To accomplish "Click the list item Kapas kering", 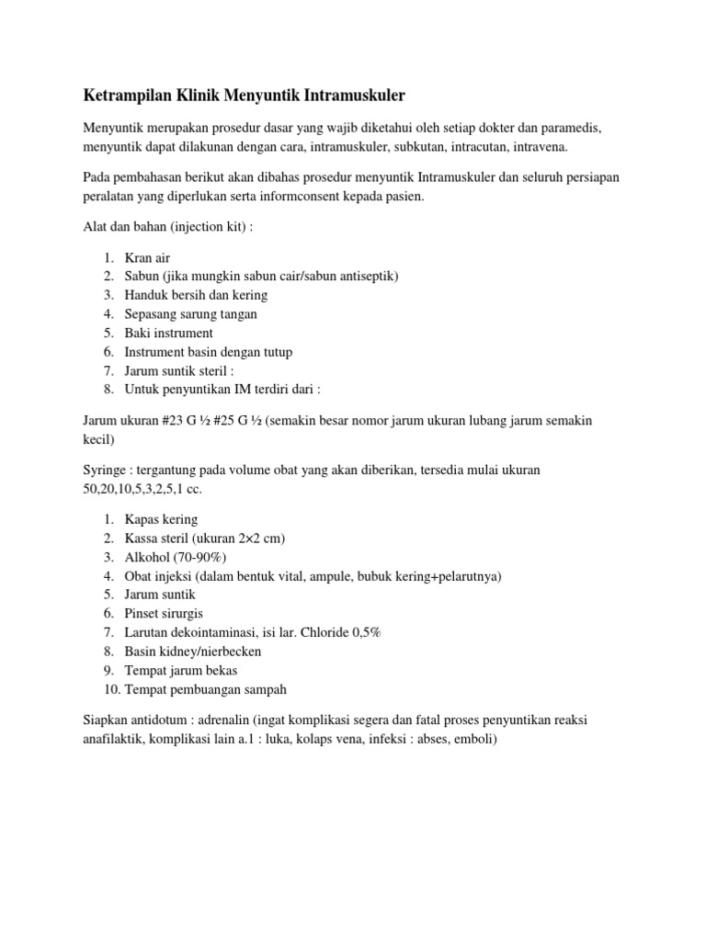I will pos(161,519).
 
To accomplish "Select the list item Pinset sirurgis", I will pos(164,613).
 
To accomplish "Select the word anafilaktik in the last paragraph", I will pos(114,738).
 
